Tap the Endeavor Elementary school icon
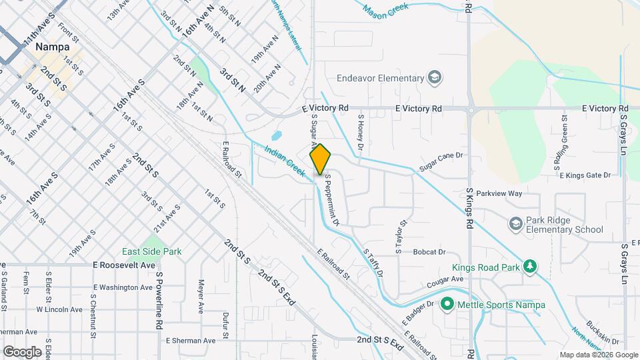[435, 78]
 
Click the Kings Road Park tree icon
[530, 266]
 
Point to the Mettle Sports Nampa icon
[446, 305]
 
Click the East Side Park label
[151, 252]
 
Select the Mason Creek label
[385, 9]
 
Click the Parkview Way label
[504, 193]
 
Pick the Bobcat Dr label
[429, 252]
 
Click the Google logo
[23, 351]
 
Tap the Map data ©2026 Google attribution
[597, 355]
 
